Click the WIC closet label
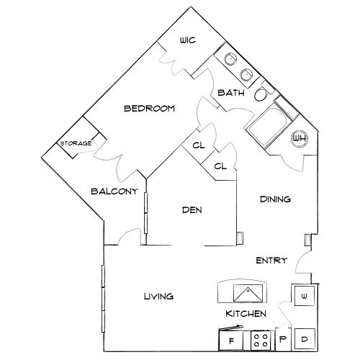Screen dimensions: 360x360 188,40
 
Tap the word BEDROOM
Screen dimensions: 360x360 149,109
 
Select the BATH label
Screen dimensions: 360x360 231,93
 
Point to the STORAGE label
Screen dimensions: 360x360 76,143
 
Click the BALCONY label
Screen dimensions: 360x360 114,192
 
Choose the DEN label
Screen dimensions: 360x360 192,210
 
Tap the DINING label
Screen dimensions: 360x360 275,199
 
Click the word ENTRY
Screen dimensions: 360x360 271,261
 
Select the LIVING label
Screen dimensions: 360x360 158,297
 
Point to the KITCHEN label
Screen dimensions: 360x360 246,314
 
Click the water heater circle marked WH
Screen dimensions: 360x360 300,138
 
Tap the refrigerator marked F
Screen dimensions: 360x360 231,340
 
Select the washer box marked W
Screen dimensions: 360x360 305,296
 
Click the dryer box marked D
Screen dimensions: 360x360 305,339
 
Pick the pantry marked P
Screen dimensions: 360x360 283,339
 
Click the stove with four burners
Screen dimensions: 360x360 261,341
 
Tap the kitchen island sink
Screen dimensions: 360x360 247,293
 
